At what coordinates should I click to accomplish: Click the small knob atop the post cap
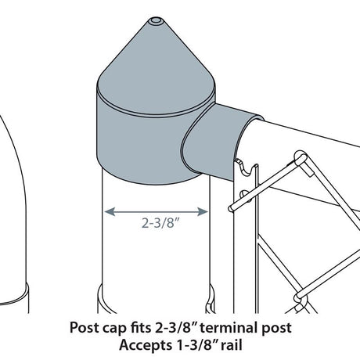[156, 20]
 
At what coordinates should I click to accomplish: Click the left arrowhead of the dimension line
[110, 211]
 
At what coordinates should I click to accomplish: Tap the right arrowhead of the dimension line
[203, 211]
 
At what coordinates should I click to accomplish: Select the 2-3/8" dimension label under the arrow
[161, 223]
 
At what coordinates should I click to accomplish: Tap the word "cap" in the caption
[113, 329]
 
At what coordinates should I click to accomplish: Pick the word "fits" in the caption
[140, 327]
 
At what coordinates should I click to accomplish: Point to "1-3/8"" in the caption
[195, 345]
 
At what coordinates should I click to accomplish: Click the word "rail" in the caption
[232, 345]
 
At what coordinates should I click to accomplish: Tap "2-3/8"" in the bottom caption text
[176, 327]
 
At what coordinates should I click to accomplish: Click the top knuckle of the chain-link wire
[300, 158]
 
